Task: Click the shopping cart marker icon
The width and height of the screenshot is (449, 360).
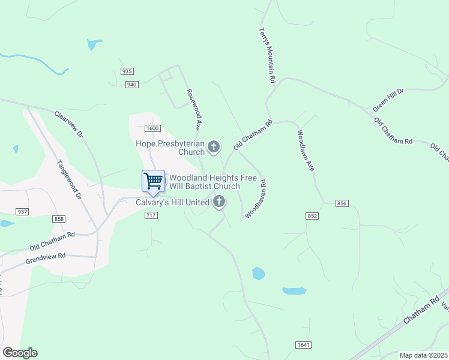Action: [153, 181]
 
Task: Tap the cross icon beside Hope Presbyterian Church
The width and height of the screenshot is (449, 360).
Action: [213, 146]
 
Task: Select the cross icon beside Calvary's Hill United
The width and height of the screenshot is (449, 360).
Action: [219, 202]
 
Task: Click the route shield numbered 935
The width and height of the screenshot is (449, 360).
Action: [127, 71]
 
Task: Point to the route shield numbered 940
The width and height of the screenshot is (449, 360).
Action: [132, 85]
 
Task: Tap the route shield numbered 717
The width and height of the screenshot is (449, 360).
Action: [151, 215]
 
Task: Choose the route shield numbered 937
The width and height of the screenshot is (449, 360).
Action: [23, 212]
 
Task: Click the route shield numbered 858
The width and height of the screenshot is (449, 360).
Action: [59, 219]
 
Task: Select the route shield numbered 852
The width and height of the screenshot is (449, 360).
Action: [312, 216]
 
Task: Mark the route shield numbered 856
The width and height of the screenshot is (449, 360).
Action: [342, 204]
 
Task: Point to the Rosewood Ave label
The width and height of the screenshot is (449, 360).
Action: [193, 110]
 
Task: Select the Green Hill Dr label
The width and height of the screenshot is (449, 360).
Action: [389, 100]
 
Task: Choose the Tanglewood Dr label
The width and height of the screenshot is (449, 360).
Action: [68, 179]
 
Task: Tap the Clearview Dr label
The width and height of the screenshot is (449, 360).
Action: [68, 124]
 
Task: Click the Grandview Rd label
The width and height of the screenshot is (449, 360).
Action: [46, 259]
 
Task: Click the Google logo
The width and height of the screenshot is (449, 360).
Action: [20, 353]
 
